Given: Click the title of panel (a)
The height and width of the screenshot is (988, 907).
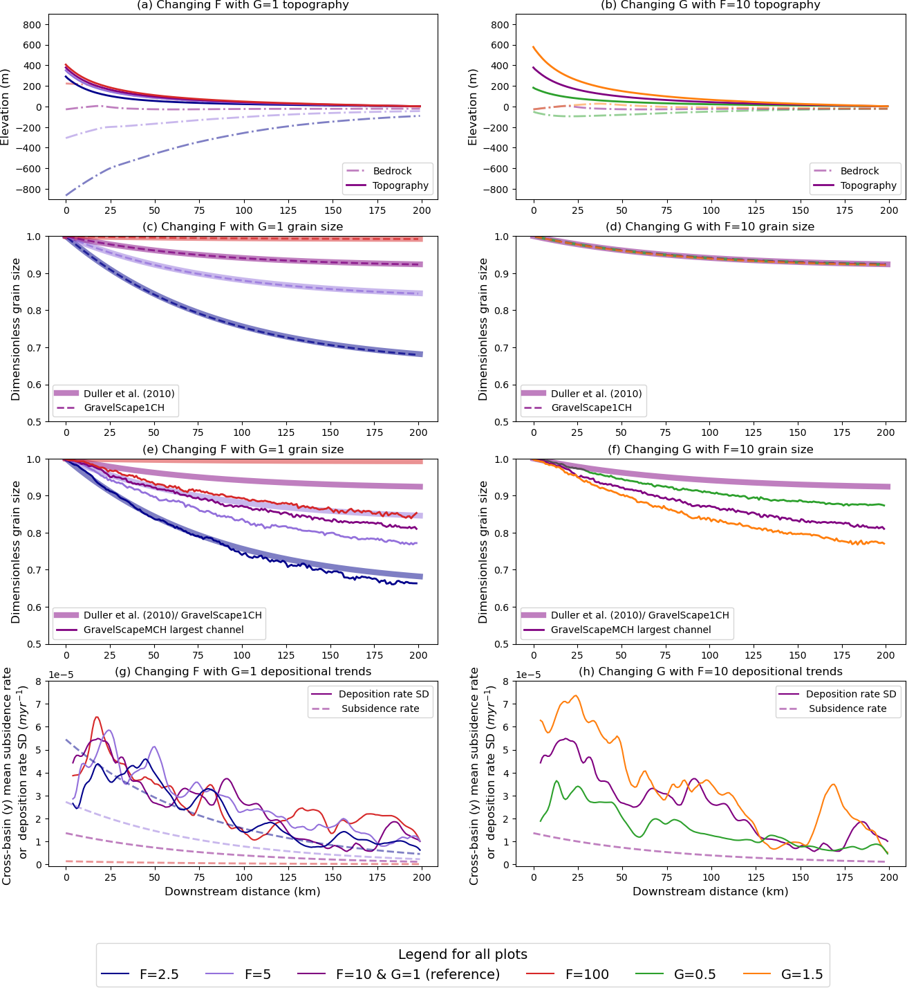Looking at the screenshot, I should pyautogui.click(x=243, y=6).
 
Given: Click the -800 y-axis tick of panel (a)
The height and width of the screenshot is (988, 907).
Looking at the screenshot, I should pyautogui.click(x=31, y=190).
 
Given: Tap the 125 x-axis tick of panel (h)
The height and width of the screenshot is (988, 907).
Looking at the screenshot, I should pyautogui.click(x=756, y=877).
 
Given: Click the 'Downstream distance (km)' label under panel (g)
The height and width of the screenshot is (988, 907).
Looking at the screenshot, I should pyautogui.click(x=243, y=891).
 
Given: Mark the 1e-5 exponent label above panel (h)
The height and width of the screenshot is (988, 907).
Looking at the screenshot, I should pyautogui.click(x=529, y=675).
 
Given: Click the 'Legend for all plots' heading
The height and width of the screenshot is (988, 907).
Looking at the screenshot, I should pyautogui.click(x=462, y=955).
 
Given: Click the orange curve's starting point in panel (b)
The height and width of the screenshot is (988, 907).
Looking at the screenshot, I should pyautogui.click(x=534, y=47).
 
